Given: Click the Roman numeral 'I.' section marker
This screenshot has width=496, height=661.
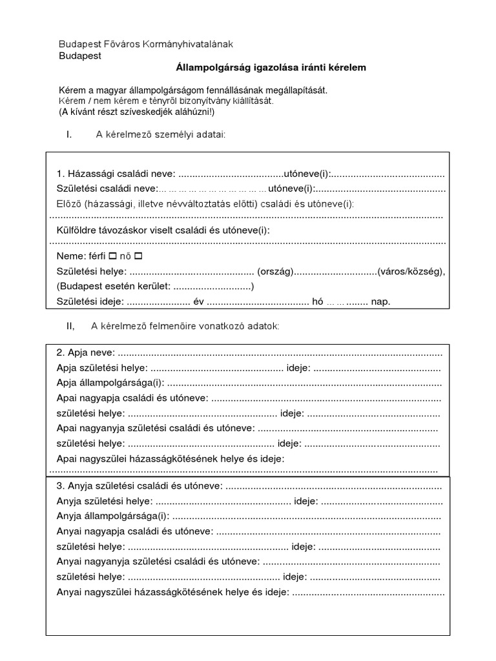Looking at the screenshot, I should pyautogui.click(x=68, y=134).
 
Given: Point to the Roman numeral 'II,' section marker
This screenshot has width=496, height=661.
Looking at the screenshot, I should pyautogui.click(x=70, y=326).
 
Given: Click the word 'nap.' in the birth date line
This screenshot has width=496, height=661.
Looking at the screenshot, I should pyautogui.click(x=381, y=301).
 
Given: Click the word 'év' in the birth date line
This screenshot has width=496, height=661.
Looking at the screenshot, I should pyautogui.click(x=198, y=301).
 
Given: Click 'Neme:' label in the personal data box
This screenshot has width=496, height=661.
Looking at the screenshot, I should pyautogui.click(x=70, y=256).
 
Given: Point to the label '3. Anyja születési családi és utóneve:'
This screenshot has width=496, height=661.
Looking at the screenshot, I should pyautogui.click(x=139, y=485).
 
